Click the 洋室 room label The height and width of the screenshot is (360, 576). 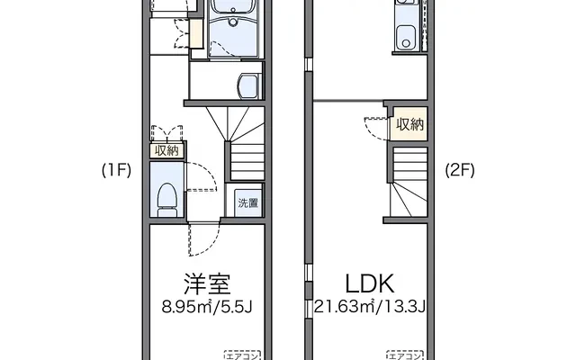(208, 284)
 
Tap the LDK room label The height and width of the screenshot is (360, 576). (370, 283)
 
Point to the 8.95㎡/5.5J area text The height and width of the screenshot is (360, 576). (207, 307)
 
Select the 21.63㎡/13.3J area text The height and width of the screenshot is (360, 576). (370, 306)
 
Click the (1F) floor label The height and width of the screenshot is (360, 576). (116, 170)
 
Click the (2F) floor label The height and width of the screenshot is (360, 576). (460, 170)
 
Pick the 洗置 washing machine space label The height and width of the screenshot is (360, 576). (248, 202)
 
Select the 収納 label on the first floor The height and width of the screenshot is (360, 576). (166, 150)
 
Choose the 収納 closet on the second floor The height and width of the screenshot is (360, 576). (409, 124)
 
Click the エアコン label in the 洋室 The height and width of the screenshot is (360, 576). (242, 355)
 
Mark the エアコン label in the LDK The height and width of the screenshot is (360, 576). (405, 355)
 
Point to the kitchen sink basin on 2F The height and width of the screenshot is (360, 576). (406, 37)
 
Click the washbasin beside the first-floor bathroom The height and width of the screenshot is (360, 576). (248, 85)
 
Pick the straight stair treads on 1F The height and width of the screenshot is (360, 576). (247, 162)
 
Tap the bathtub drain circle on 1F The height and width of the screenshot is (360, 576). (233, 22)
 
